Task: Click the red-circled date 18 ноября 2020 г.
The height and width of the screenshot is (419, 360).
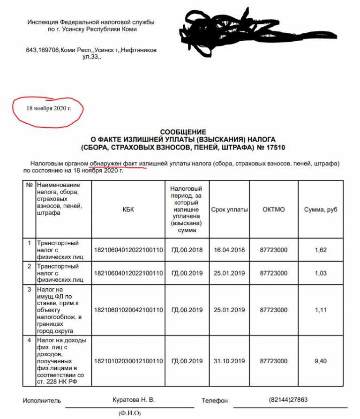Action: tap(49, 108)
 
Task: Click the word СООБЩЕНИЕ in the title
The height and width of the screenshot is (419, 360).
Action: tap(183, 133)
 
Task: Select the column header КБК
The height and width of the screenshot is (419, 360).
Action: tap(128, 209)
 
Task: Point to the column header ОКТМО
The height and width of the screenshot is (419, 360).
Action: tap(273, 209)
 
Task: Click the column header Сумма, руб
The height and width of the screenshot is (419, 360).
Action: tap(321, 209)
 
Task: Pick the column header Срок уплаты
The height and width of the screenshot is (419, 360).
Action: tap(229, 209)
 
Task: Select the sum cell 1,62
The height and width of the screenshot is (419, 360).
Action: tap(321, 250)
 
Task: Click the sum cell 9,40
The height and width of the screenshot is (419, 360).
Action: tap(321, 361)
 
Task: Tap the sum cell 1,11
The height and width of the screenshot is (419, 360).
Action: tap(321, 310)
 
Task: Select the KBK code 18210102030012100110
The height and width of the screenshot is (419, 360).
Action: tap(128, 361)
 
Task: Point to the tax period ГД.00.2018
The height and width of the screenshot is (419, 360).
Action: tap(187, 250)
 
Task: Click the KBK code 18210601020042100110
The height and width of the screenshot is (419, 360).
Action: tap(128, 310)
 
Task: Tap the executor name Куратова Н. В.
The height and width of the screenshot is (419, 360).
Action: tap(134, 400)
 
